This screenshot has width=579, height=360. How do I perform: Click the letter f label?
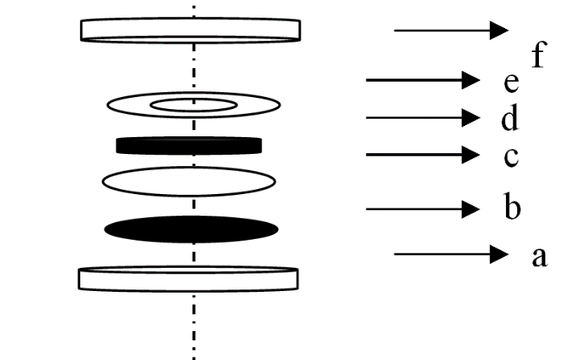(x=538, y=58)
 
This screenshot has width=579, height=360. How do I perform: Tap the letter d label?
(x=508, y=119)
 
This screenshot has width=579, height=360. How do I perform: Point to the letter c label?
(x=511, y=156)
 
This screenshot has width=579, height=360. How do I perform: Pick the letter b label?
(x=512, y=209)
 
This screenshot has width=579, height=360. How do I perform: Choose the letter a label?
(x=539, y=257)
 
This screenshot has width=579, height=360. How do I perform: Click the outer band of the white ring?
(x=128, y=105)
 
